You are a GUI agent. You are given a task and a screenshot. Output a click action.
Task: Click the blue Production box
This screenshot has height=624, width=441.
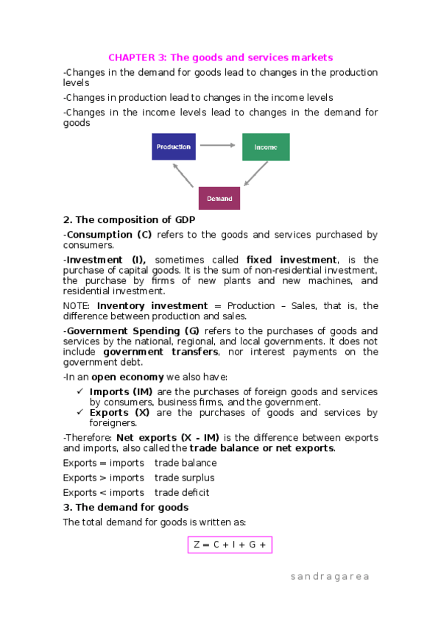(x=174, y=146)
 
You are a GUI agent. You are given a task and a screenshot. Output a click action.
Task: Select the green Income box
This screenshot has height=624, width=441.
(x=266, y=147)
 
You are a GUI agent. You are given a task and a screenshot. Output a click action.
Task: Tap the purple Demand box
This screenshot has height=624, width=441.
(x=219, y=199)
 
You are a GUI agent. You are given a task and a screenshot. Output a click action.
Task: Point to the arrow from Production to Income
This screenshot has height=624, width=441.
(x=217, y=146)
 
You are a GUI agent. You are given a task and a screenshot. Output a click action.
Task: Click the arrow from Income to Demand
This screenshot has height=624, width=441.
(x=255, y=174)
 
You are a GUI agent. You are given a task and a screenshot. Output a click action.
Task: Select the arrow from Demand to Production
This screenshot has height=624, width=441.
(x=183, y=175)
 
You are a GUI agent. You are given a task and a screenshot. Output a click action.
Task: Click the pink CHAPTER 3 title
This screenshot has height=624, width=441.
(x=221, y=57)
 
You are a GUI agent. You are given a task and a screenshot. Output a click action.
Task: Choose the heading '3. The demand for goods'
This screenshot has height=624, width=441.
(x=126, y=507)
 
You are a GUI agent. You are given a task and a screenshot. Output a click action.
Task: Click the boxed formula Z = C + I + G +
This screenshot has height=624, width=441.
(x=230, y=545)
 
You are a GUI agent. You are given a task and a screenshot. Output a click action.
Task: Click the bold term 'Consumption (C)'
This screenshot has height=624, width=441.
(x=107, y=235)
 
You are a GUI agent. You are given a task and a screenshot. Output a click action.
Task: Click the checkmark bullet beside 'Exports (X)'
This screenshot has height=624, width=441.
(x=80, y=413)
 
